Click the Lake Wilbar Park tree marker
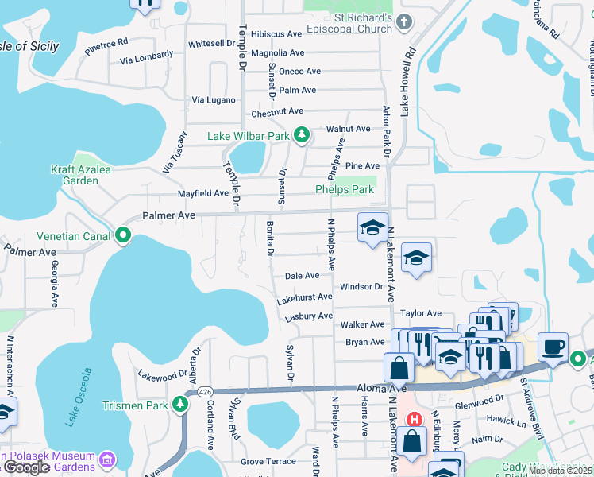coord(301,136)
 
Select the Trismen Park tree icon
coord(180,405)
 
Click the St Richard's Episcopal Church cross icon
coord(405,21)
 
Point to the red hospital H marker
coord(413,419)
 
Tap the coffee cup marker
coord(553,347)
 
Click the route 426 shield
coord(206,391)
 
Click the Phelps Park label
coord(344,190)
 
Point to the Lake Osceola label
coord(79,397)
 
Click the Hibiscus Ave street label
coord(276,35)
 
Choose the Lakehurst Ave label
coord(304,297)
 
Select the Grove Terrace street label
coord(268,461)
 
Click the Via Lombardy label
coord(146,56)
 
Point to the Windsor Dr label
coord(361,286)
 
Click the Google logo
coord(27,467)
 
